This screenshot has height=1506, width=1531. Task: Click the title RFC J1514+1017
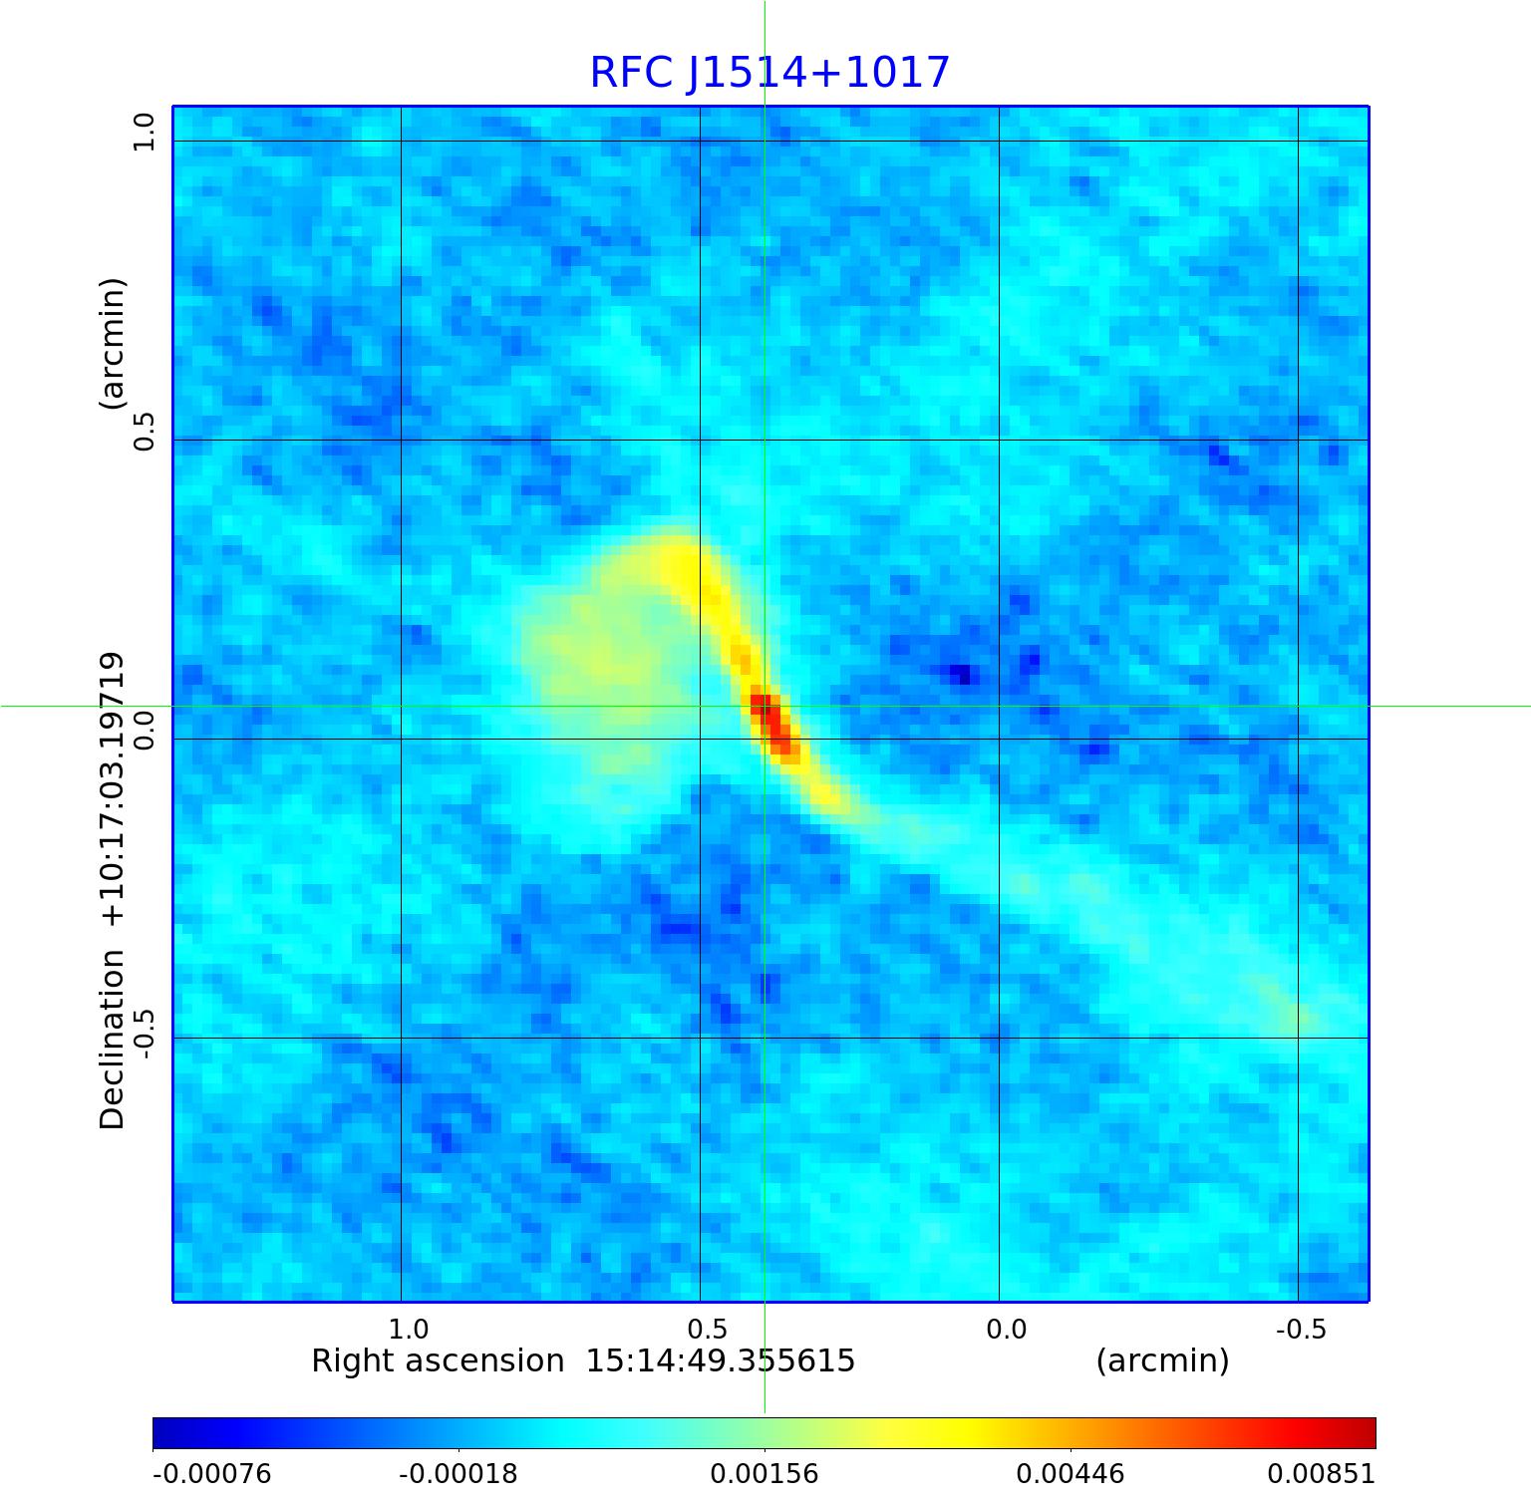point(769,73)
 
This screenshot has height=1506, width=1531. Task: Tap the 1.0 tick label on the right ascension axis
point(409,1329)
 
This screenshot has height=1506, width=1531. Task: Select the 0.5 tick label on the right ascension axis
point(708,1329)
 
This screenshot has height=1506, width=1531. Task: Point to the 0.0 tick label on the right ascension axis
point(1006,1329)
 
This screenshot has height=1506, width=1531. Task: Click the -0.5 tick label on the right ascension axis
point(1302,1329)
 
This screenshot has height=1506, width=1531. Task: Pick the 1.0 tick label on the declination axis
point(145,132)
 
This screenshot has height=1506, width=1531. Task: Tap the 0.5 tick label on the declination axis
point(145,431)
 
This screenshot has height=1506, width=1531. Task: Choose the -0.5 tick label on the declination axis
point(145,1034)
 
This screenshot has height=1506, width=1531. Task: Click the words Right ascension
point(438,1361)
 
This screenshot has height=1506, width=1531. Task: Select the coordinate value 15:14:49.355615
point(720,1361)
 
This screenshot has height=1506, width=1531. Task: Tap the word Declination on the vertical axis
point(113,1040)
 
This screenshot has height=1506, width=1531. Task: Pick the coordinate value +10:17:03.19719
point(113,789)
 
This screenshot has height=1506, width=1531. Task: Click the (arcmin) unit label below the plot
point(1162,1361)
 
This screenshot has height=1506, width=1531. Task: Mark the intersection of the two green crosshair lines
point(765,706)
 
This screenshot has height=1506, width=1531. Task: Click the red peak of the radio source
point(765,710)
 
